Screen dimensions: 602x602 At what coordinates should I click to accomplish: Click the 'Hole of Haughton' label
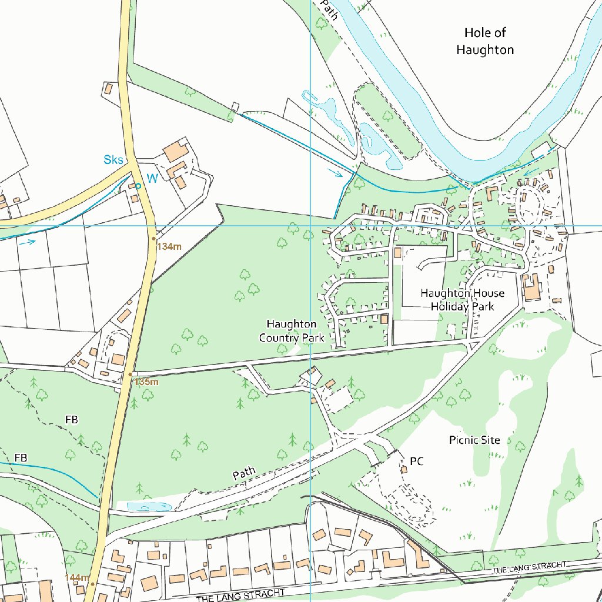(485, 41)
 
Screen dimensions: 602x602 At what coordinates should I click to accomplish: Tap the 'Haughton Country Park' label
(292, 331)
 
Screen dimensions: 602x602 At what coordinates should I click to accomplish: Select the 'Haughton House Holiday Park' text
(462, 299)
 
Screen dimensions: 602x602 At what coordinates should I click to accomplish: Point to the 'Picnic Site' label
(474, 440)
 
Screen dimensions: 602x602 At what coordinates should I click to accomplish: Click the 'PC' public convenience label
(417, 461)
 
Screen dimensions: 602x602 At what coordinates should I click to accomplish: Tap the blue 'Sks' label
(113, 160)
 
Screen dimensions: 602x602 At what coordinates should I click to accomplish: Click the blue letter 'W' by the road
(152, 179)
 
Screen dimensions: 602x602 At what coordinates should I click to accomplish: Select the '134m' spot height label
(169, 246)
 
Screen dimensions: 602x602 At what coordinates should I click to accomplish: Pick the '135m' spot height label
(146, 382)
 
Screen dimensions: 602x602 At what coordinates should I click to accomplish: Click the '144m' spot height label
(77, 577)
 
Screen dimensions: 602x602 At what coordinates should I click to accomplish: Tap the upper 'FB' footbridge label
(72, 420)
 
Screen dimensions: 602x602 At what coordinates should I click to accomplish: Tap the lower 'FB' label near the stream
(21, 457)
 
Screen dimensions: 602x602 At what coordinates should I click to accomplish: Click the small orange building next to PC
(404, 469)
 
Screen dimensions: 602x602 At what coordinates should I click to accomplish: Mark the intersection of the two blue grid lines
(310, 225)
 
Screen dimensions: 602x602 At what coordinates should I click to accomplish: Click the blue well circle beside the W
(138, 186)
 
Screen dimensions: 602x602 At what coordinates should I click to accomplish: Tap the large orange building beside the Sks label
(175, 152)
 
